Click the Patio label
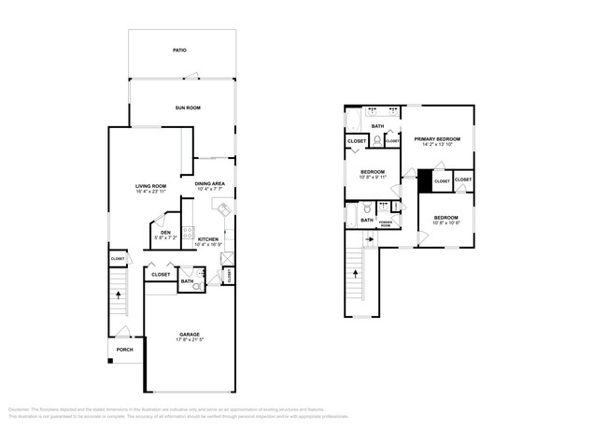click(179, 50)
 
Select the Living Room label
click(151, 186)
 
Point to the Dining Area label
click(210, 183)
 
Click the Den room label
click(165, 233)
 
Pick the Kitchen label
click(208, 239)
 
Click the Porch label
click(124, 350)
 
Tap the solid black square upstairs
click(425, 179)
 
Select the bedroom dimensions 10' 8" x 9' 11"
click(374, 178)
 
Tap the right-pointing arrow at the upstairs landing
click(370, 239)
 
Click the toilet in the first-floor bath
click(197, 287)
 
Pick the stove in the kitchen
click(189, 232)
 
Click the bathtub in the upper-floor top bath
click(354, 122)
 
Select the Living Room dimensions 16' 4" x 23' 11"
click(151, 192)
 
